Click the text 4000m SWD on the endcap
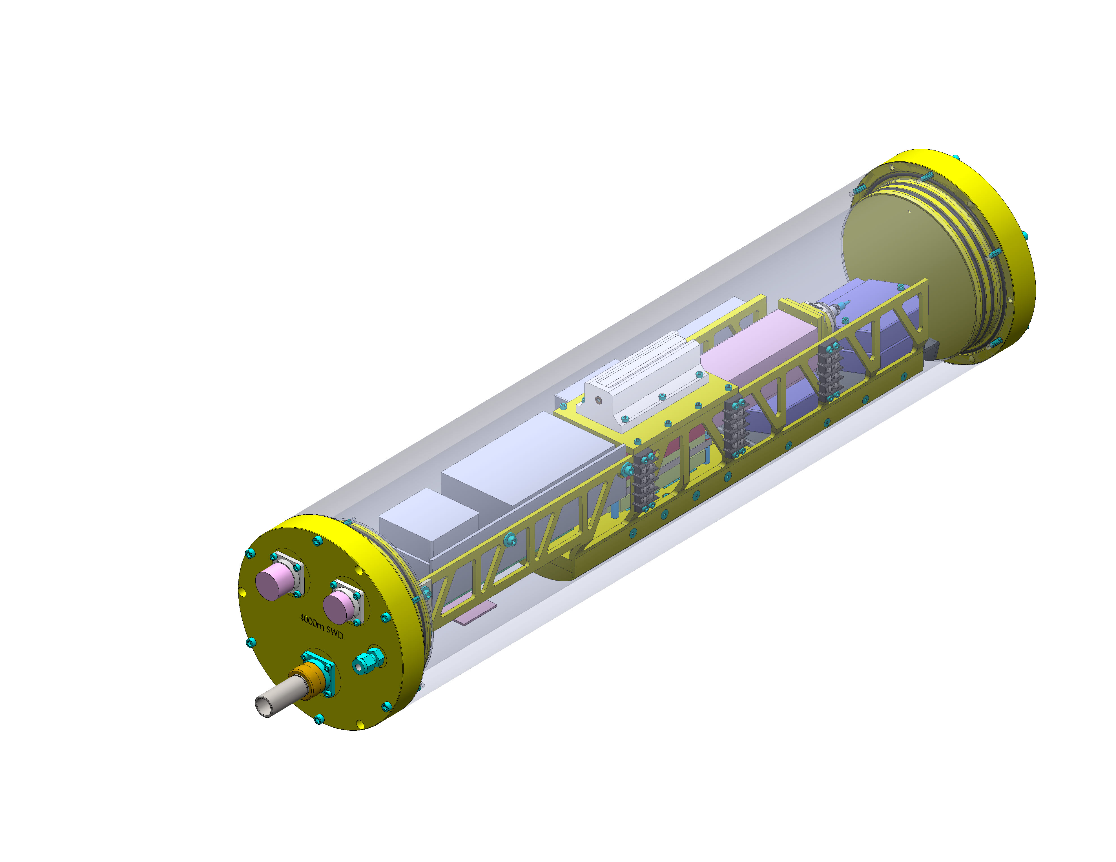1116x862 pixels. [x=321, y=626]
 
